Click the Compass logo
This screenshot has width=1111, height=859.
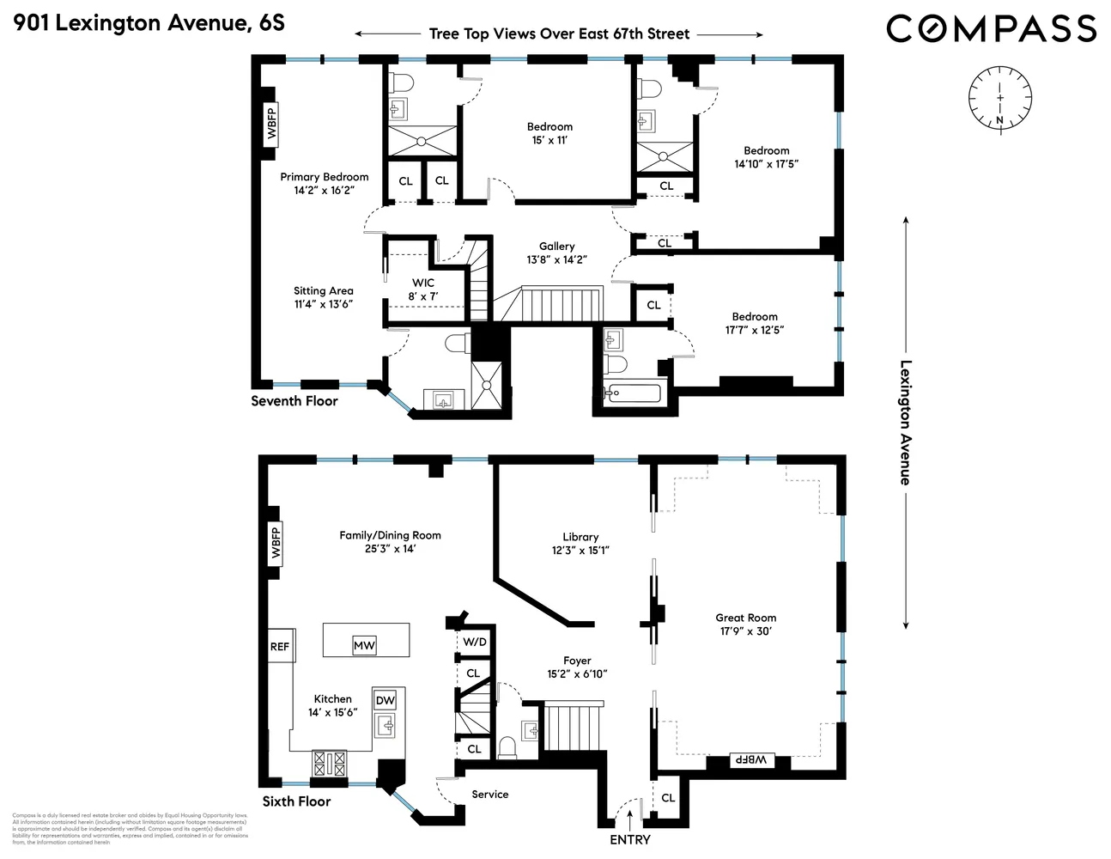click(x=991, y=29)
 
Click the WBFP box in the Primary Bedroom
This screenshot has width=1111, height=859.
click(x=272, y=123)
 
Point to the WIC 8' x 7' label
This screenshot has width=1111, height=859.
click(x=422, y=289)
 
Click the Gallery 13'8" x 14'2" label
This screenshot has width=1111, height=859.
click(x=556, y=253)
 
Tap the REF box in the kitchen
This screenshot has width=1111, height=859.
click(x=280, y=647)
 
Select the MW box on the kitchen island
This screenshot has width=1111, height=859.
click(x=364, y=646)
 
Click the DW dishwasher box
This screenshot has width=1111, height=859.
click(x=386, y=700)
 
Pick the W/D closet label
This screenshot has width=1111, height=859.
click(x=475, y=642)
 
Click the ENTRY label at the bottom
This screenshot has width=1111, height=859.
click(x=629, y=839)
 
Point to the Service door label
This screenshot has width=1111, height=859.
click(x=489, y=795)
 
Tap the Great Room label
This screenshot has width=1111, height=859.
click(x=745, y=624)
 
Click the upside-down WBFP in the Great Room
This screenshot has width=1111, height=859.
click(x=750, y=760)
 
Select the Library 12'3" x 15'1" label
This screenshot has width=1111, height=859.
click(x=580, y=543)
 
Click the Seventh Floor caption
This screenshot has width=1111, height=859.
click(x=294, y=401)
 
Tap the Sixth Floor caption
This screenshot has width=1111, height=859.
click(x=296, y=801)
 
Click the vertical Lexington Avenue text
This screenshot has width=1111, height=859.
click(x=905, y=422)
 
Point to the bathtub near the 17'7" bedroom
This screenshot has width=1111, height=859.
click(x=632, y=393)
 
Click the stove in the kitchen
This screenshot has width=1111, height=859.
click(x=330, y=764)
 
